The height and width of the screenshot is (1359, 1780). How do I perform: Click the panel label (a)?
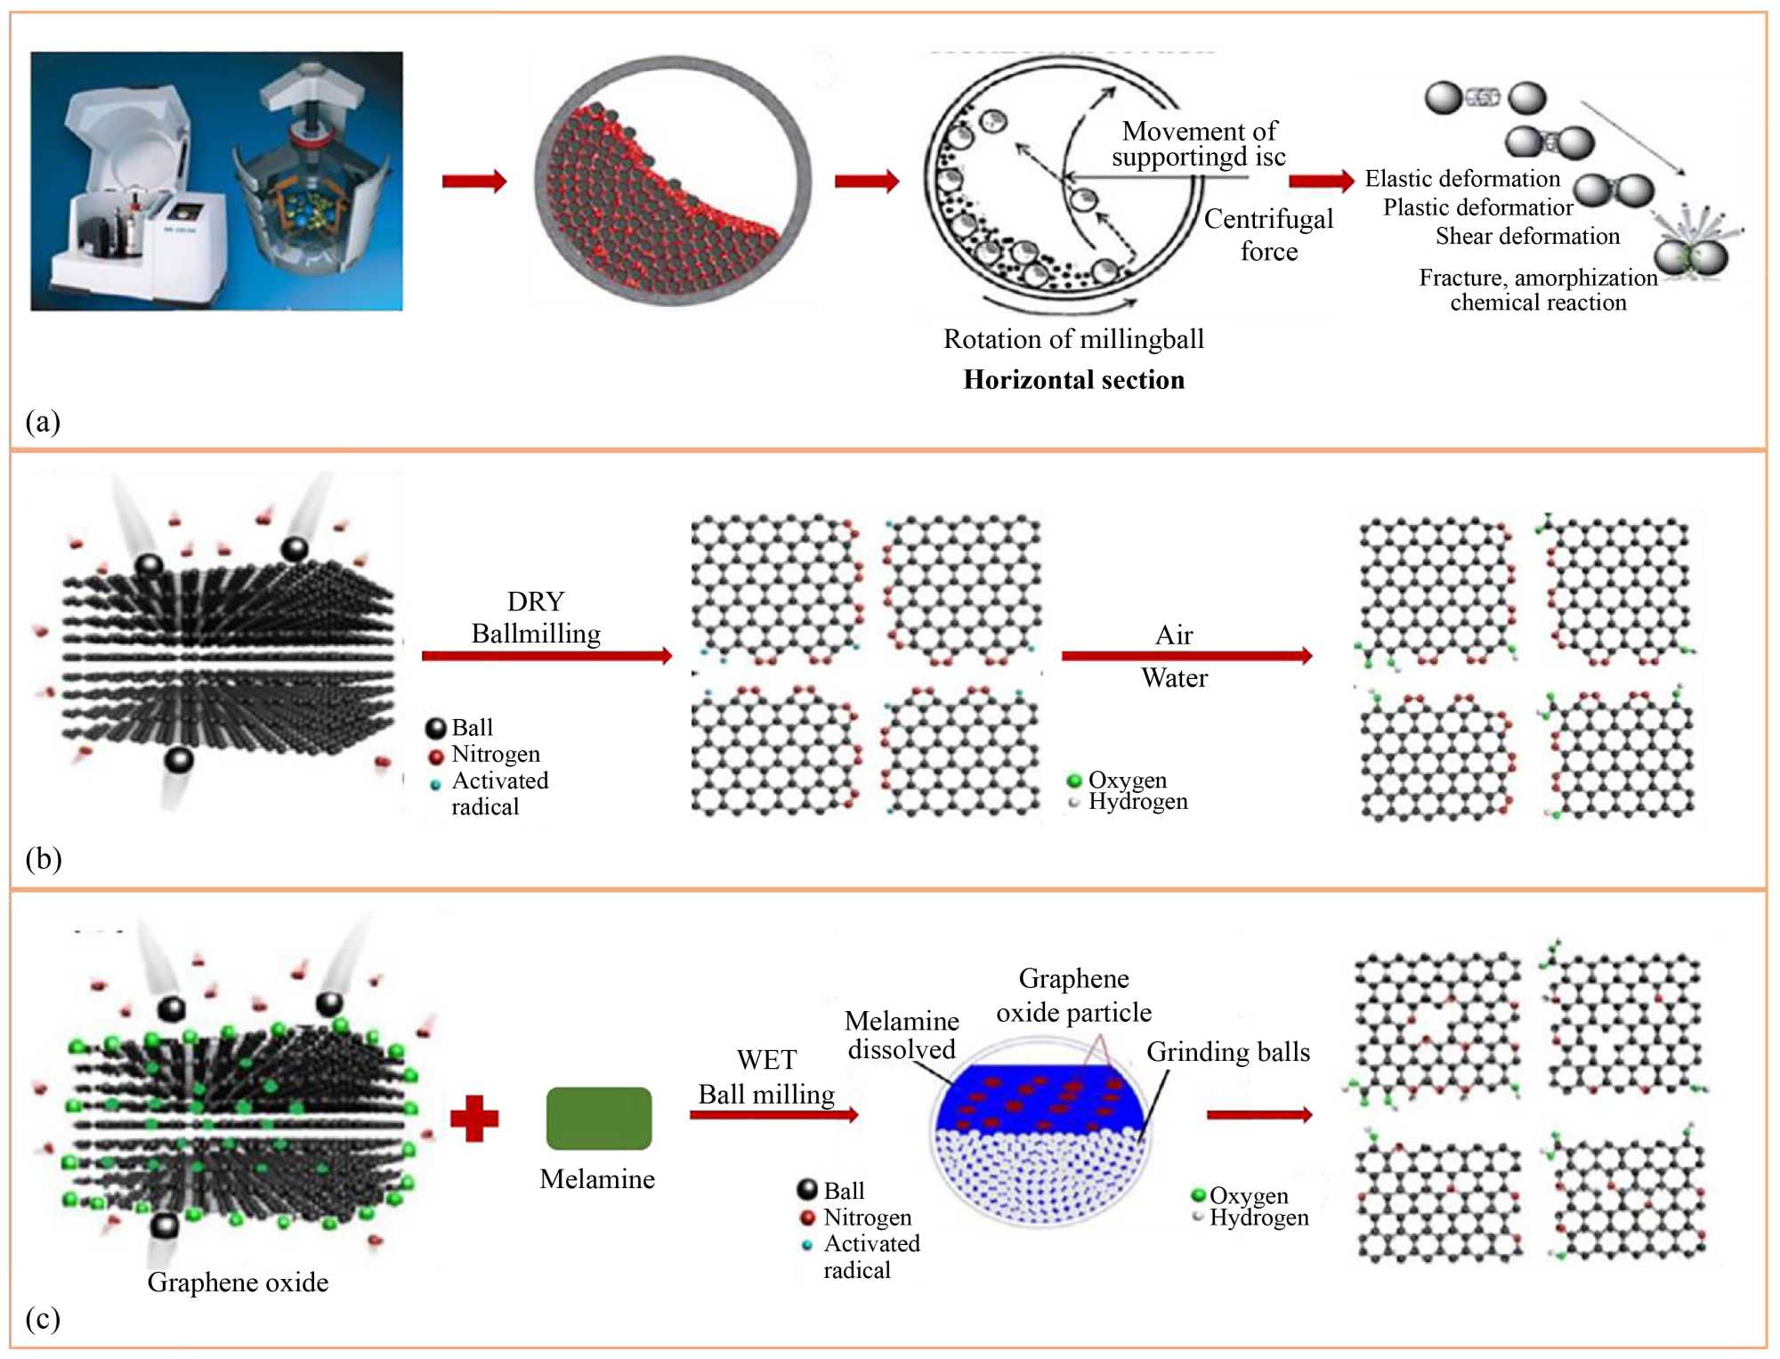(x=43, y=421)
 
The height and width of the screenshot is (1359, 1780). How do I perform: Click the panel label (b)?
(x=43, y=859)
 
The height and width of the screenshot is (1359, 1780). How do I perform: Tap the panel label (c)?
(x=43, y=1318)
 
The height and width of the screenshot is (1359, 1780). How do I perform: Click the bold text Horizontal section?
(x=1073, y=380)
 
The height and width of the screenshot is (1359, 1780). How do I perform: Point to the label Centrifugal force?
(x=1268, y=235)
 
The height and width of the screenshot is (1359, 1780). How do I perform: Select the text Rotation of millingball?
(x=1073, y=339)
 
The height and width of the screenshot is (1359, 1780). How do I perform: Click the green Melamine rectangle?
(x=598, y=1118)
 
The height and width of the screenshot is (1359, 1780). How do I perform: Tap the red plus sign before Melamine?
(x=474, y=1119)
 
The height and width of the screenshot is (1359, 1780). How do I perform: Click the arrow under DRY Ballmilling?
(x=546, y=656)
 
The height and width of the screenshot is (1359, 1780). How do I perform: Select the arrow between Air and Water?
(x=1186, y=656)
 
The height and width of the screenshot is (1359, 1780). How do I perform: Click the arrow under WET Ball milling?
(x=773, y=1114)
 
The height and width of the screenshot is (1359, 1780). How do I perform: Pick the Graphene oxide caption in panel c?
(x=238, y=1282)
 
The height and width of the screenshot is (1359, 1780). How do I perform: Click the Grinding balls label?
(x=1227, y=1052)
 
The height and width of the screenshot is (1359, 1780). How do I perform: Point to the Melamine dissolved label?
(x=902, y=1035)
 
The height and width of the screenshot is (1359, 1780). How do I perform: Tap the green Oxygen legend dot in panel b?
(x=1074, y=781)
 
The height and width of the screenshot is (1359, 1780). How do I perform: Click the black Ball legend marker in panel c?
(x=807, y=1190)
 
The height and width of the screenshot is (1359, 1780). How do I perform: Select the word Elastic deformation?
(x=1462, y=179)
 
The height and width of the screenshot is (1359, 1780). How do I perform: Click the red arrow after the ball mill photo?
(x=474, y=182)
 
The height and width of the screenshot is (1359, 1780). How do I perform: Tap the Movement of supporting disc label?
(x=1198, y=144)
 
